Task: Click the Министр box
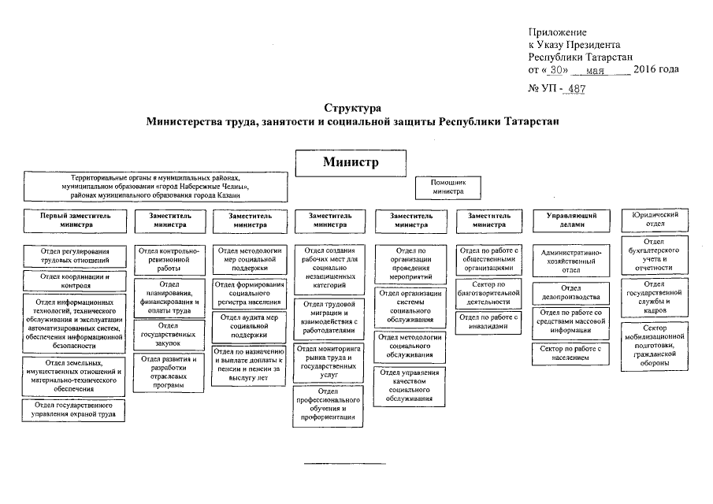click(351, 163)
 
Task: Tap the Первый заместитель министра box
click(75, 220)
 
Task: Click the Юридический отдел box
click(655, 219)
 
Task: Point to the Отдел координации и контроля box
click(75, 280)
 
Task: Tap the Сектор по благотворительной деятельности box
click(488, 293)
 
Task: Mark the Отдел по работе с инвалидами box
click(488, 321)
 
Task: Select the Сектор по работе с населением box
click(571, 353)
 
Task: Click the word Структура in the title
click(352, 107)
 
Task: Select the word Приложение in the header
click(557, 32)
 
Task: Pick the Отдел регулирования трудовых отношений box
click(75, 256)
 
